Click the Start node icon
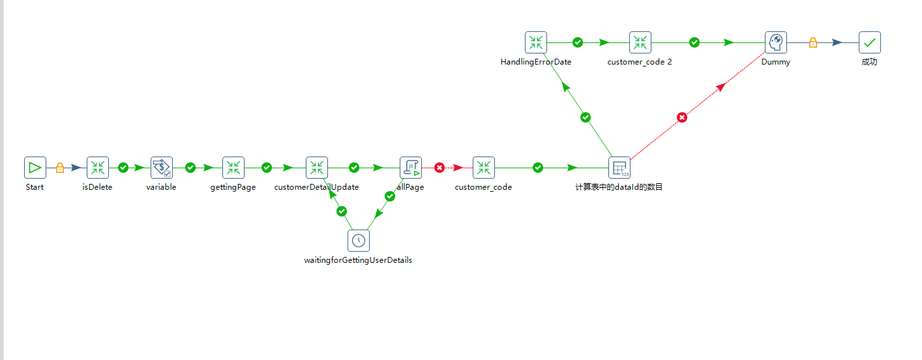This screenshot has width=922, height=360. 35,168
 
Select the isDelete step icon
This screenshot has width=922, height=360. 98,168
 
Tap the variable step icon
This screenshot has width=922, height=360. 161,168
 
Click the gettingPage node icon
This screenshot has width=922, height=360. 233,168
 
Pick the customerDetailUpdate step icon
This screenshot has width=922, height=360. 317,168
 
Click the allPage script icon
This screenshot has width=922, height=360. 411,168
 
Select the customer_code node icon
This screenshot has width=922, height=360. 484,168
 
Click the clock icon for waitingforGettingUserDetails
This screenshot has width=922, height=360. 358,241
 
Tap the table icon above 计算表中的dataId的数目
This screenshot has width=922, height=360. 619,168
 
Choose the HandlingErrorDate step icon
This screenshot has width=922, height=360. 536,42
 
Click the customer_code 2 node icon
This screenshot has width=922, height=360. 640,42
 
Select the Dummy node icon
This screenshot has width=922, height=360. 776,42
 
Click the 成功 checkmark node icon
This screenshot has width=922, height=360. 870,42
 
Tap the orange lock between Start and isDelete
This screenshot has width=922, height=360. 60,168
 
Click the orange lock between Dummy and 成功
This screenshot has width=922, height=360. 813,42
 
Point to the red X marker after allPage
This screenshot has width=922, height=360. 439,168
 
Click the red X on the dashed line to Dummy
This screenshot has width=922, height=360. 682,117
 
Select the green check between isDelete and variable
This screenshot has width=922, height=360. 123,168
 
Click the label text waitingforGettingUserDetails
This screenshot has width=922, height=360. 358,260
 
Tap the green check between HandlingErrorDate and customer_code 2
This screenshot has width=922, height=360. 578,42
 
